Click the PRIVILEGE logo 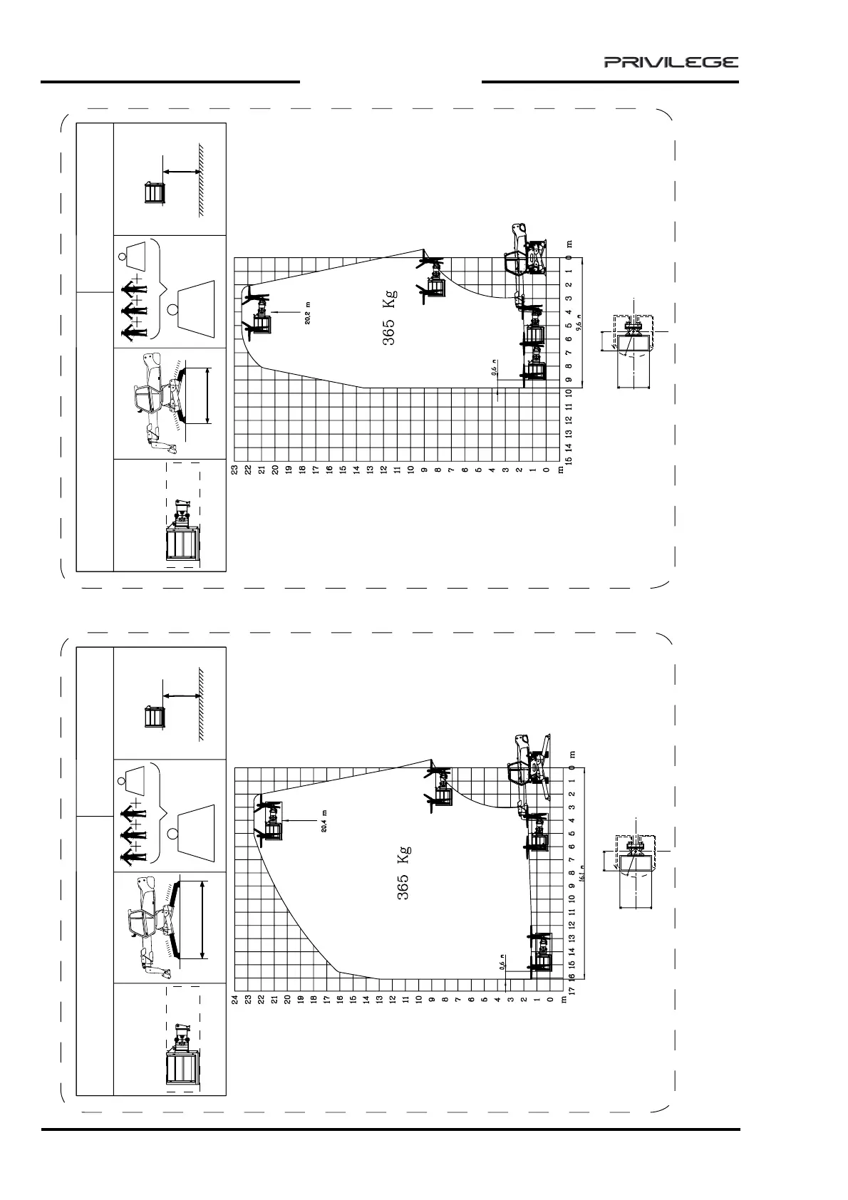click(671, 63)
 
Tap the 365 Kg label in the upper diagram click(389, 316)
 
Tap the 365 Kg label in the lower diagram click(403, 872)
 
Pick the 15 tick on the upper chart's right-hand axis click(569, 460)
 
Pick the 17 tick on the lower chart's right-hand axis click(571, 990)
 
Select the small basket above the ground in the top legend click(154, 193)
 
